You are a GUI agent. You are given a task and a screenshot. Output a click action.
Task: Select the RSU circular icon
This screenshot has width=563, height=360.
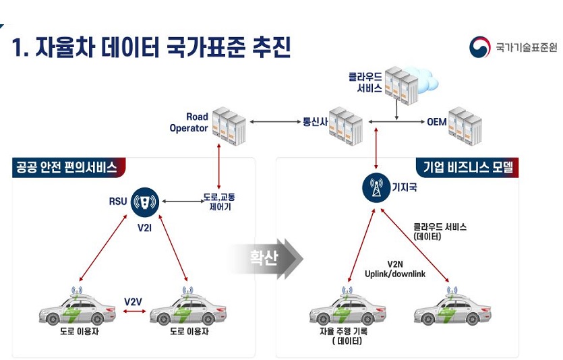(x=144, y=200)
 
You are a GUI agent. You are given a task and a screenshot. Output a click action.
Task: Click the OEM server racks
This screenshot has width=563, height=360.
(x=465, y=123)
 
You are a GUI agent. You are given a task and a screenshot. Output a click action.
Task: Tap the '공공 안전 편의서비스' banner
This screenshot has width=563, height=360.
(x=65, y=167)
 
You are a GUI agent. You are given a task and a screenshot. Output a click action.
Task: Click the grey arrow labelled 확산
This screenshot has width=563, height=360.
(x=266, y=258)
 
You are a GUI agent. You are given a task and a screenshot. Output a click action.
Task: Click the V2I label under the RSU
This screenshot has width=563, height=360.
(x=144, y=228)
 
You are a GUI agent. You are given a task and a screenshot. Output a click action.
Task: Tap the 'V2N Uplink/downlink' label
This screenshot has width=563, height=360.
(x=395, y=269)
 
